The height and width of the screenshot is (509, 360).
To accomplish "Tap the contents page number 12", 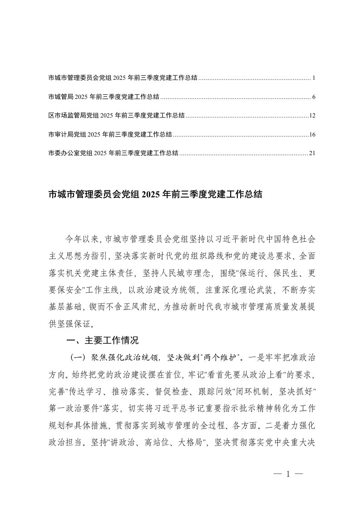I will [312, 116].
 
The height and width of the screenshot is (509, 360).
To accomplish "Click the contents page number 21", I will [312, 153].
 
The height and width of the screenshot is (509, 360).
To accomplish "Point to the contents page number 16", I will [312, 134].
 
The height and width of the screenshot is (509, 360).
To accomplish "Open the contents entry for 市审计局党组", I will [110, 134].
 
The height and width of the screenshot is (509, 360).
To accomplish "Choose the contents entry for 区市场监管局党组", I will [116, 116].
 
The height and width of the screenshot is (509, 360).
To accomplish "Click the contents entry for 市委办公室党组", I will [113, 153].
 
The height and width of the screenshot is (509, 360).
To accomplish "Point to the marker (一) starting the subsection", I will [75, 357].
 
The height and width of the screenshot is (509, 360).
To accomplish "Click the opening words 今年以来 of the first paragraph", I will [80, 238].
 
